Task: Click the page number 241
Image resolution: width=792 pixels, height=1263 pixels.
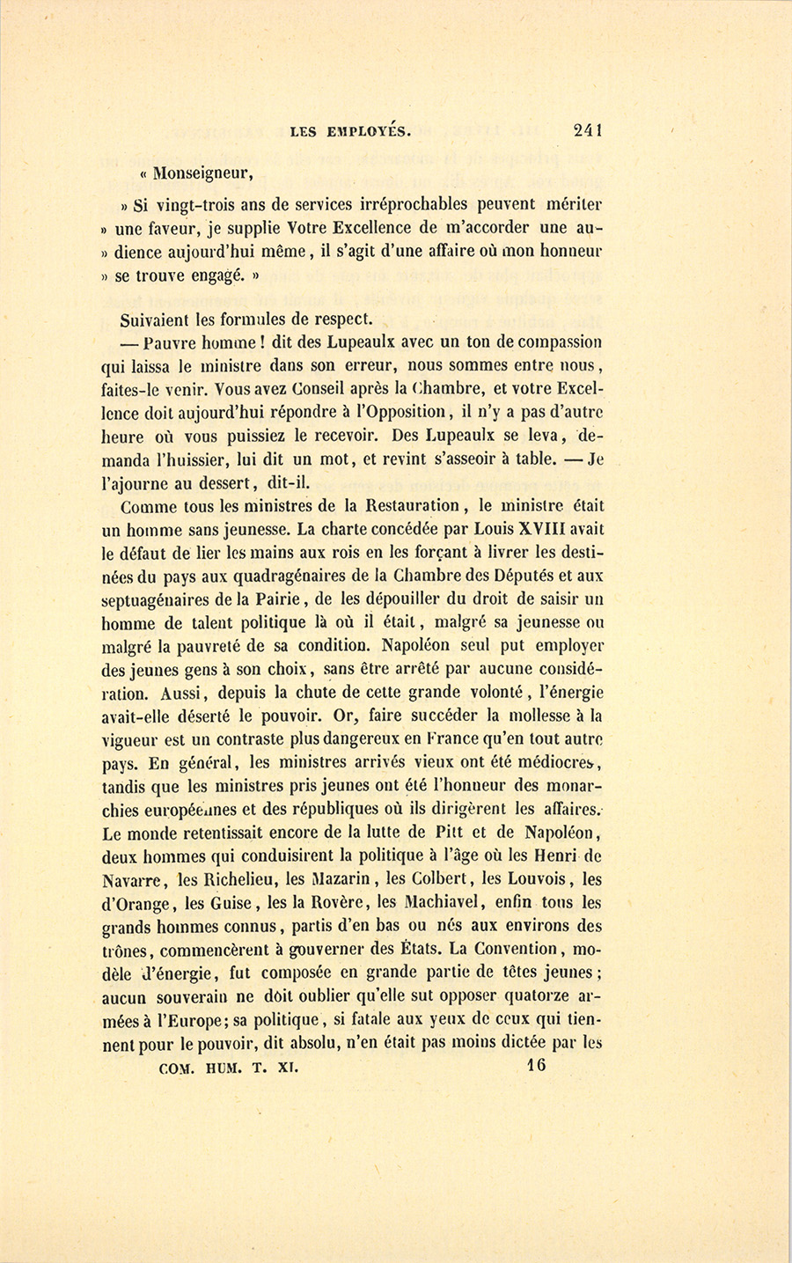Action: (x=587, y=130)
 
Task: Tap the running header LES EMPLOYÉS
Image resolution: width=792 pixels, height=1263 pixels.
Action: (x=349, y=132)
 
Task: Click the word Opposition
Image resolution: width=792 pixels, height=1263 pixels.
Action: (x=406, y=410)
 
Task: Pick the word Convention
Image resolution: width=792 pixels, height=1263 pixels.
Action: (x=517, y=949)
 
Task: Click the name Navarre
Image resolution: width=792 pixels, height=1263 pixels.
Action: (x=131, y=878)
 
